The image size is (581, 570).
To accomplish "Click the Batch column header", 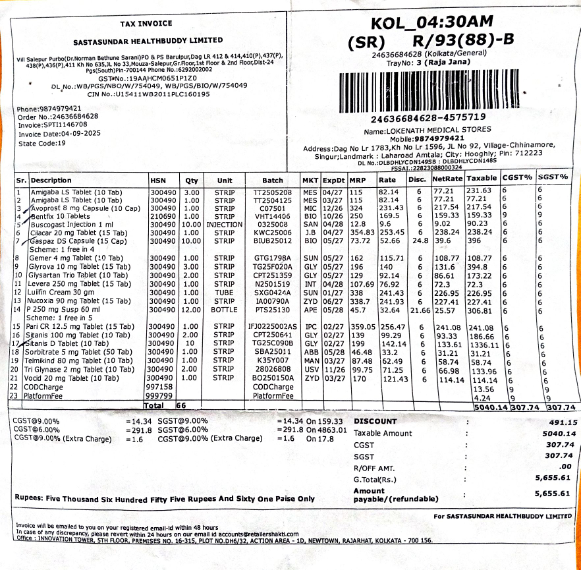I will click(x=273, y=180).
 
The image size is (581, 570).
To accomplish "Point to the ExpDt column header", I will click(x=334, y=180).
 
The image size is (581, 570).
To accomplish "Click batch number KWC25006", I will click(x=273, y=233).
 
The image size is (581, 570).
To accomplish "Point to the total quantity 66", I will click(x=182, y=405).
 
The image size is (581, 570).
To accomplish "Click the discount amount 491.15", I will click(x=563, y=422).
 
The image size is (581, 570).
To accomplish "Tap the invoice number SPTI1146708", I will click(x=65, y=125).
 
